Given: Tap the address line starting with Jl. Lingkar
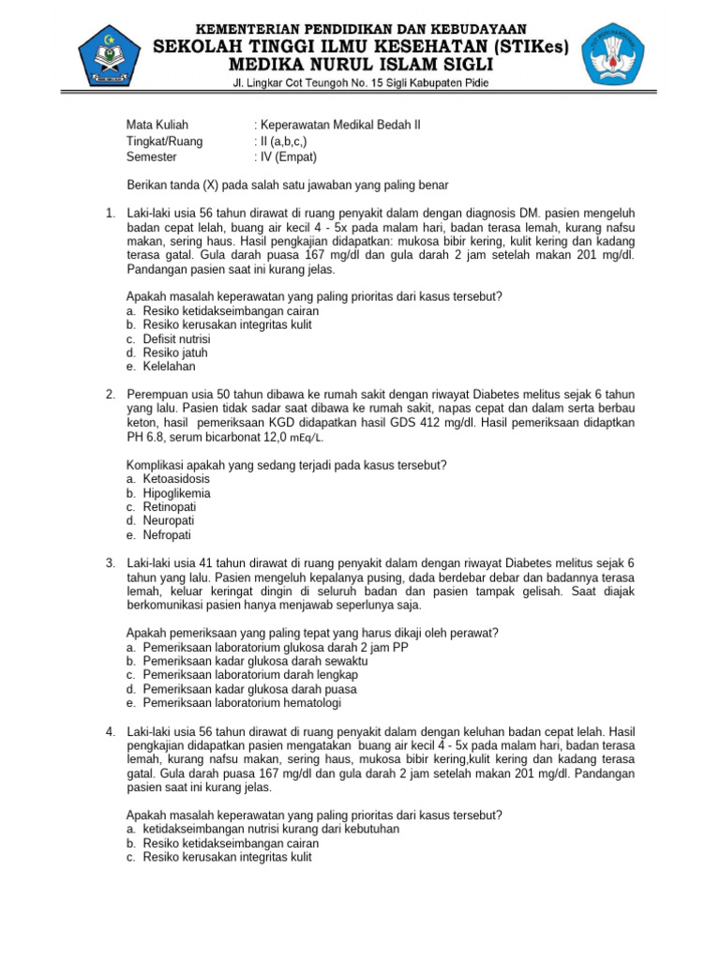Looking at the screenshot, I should pos(361,83).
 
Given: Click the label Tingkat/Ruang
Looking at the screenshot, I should pos(164,141).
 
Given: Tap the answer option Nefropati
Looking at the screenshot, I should pos(167,534).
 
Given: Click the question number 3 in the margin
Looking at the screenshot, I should pos(110,562).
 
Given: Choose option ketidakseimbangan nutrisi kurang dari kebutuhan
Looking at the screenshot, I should pos(271,829).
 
